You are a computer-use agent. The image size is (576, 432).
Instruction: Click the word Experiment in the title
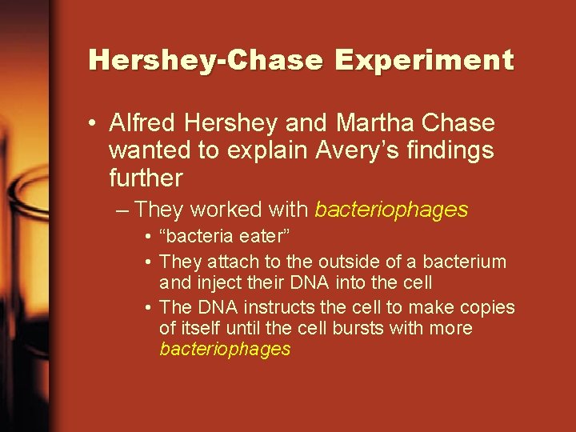424,61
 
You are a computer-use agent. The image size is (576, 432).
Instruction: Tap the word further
146,177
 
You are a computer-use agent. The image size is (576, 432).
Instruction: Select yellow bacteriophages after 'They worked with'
391,210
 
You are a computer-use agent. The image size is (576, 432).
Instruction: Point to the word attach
234,262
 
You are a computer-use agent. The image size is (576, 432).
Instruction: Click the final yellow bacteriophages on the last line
225,350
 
